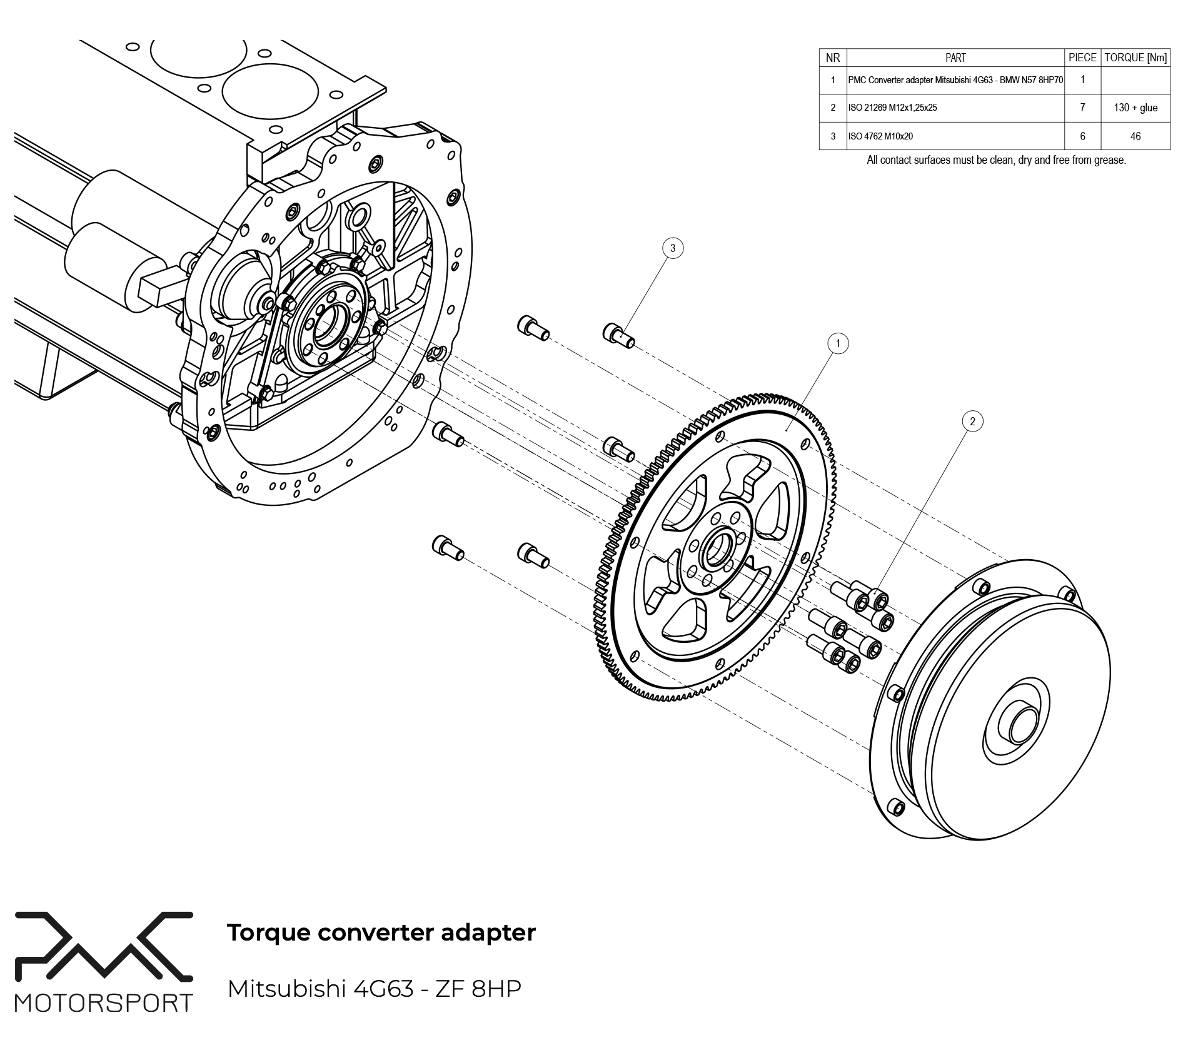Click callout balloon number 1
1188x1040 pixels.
838,343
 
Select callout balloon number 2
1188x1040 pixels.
972,422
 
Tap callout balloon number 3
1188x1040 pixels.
673,248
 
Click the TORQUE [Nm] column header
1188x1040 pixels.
1135,58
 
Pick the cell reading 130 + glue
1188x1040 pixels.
1135,108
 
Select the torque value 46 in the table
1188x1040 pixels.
1135,136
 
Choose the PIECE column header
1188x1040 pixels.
1082,58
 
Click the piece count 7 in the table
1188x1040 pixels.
1082,108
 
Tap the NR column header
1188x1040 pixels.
833,58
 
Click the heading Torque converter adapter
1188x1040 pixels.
381,932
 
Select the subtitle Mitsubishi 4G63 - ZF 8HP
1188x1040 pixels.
374,989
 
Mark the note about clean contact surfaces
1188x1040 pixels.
996,160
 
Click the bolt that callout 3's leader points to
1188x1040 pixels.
617,335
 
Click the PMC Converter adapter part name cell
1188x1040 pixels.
955,80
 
